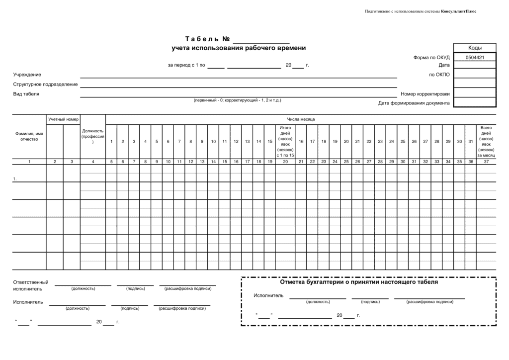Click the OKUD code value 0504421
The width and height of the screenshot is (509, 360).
(475, 57)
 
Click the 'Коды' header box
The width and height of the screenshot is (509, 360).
(475, 48)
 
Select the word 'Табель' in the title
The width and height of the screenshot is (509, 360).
(201, 39)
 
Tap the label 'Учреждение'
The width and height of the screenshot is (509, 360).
(27, 75)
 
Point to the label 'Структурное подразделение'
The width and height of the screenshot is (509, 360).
(45, 84)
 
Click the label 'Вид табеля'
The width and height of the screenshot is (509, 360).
(26, 93)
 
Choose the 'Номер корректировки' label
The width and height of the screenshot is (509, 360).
(425, 94)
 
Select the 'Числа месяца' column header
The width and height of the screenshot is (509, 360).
(300, 119)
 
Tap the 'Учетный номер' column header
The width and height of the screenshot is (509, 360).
(63, 119)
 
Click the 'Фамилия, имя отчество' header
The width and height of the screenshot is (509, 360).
(29, 136)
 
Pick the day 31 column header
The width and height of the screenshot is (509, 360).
(471, 142)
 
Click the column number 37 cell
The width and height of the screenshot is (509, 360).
(486, 162)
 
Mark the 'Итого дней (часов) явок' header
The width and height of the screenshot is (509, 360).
(285, 142)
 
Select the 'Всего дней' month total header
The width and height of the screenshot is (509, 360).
(486, 142)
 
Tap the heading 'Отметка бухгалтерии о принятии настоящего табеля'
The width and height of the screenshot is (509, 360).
(359, 282)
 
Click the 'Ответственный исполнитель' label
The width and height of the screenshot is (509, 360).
(31, 285)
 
